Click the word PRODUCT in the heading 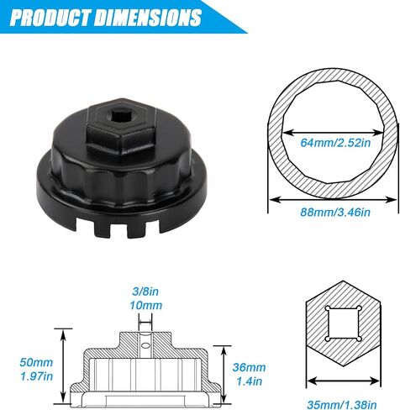pyautogui.click(x=50, y=18)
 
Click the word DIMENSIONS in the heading pyautogui.click(x=148, y=18)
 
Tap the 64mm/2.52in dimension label pyautogui.click(x=335, y=143)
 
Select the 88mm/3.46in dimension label pyautogui.click(x=335, y=212)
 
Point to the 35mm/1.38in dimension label pyautogui.click(x=342, y=405)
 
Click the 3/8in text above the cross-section pyautogui.click(x=145, y=292)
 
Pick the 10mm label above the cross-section pyautogui.click(x=145, y=305)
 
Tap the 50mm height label pyautogui.click(x=36, y=362)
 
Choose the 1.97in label pyautogui.click(x=36, y=376)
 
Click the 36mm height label pyautogui.click(x=249, y=367)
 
